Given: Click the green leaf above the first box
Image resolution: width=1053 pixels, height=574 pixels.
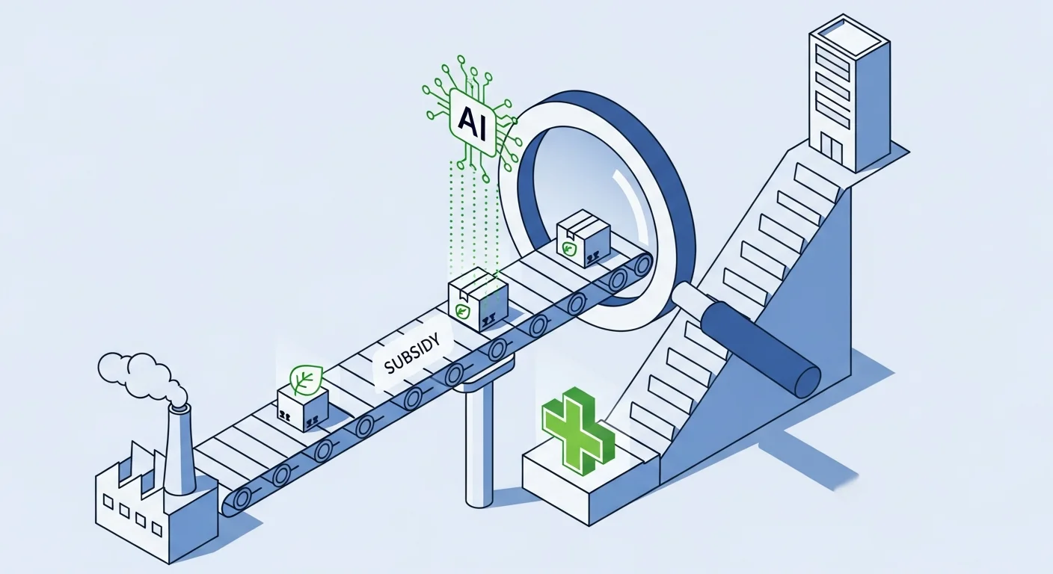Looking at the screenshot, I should point(305,379).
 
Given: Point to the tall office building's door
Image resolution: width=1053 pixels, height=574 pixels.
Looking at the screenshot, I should point(832,146).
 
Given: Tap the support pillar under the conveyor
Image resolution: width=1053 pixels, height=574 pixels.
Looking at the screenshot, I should point(479,441).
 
